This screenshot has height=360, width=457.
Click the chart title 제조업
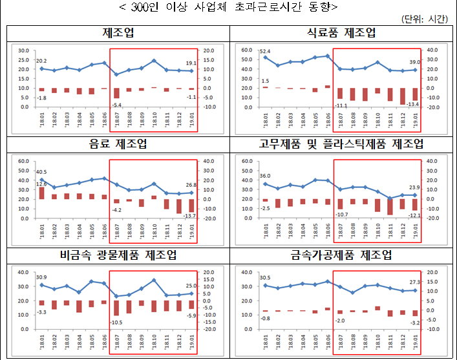117,34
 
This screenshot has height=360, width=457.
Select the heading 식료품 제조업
341,34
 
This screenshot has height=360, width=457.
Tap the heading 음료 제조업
117,144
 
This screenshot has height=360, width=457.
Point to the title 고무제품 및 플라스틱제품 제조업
341,144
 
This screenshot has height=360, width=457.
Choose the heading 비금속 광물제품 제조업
117,255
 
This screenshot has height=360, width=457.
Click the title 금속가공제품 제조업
341,255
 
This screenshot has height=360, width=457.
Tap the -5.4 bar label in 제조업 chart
117,104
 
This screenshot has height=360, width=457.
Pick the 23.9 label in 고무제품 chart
414,187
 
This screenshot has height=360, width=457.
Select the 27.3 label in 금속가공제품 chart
414,282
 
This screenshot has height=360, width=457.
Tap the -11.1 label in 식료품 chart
341,105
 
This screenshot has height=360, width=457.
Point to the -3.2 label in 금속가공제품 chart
414,321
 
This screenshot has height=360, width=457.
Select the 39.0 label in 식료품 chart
414,62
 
